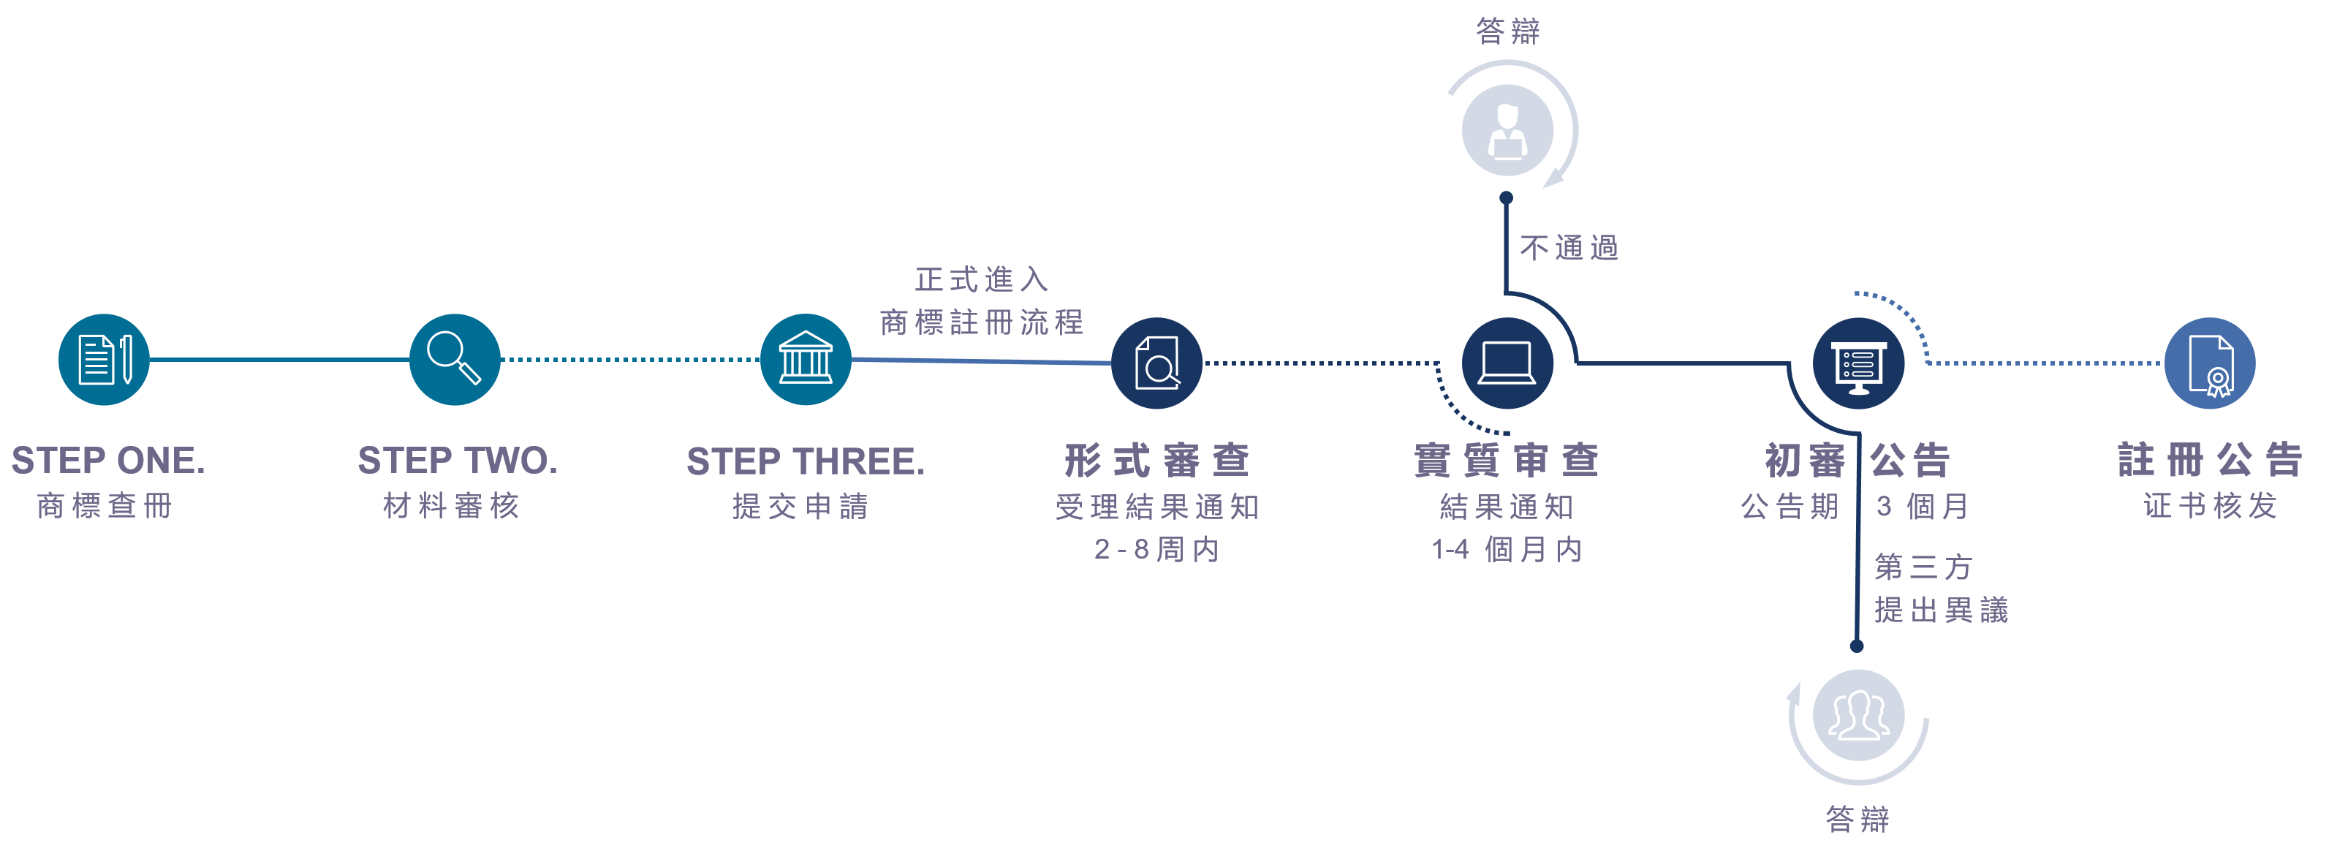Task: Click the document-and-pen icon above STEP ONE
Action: (x=104, y=360)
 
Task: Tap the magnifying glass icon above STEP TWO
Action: (x=455, y=360)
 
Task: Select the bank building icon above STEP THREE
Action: (x=806, y=360)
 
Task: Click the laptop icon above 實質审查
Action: (x=1507, y=363)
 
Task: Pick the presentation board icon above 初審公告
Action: (x=1858, y=363)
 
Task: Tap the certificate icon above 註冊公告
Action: (x=2210, y=363)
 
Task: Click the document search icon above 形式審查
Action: (x=1156, y=363)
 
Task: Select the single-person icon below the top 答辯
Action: (x=1507, y=130)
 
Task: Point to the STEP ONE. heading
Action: (x=108, y=461)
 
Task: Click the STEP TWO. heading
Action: (x=458, y=461)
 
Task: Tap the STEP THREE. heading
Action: (x=806, y=461)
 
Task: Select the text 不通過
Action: (x=1569, y=248)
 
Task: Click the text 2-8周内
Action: (x=1156, y=549)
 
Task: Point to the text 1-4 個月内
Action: (x=1507, y=549)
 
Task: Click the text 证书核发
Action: (x=2210, y=506)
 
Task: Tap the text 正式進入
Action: (x=982, y=279)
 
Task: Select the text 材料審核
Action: (x=451, y=506)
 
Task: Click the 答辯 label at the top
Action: (x=1507, y=31)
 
